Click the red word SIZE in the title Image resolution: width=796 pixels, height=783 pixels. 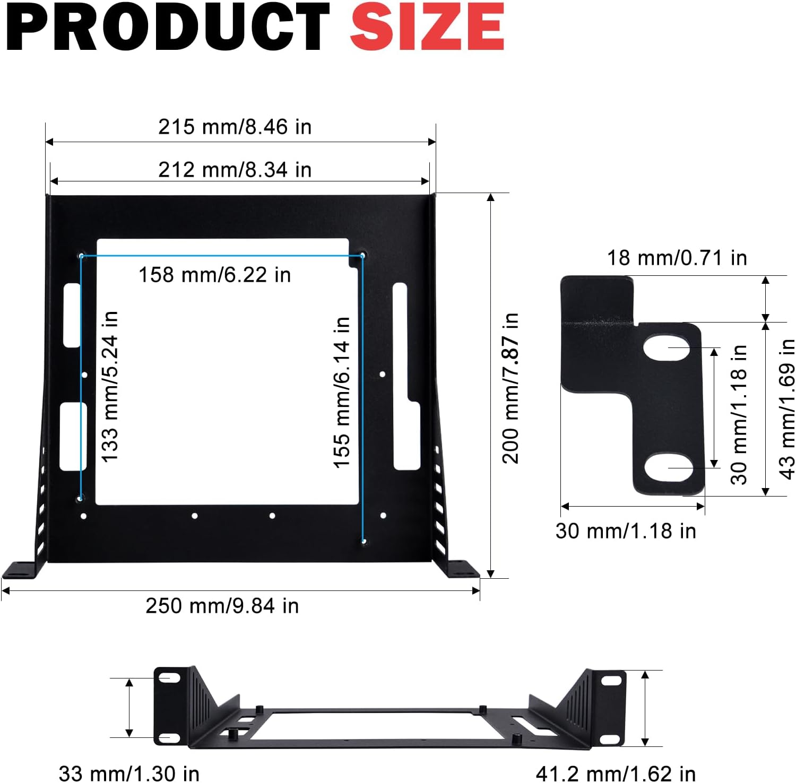[427, 27]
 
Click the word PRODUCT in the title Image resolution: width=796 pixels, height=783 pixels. [169, 27]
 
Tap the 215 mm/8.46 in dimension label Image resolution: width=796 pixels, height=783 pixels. [235, 127]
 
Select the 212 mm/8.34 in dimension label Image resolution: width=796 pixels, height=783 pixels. [235, 170]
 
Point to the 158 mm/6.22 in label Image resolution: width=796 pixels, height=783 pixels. [214, 275]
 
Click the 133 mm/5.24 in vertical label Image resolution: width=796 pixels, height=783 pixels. [109, 387]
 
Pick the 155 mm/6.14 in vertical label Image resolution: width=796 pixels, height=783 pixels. [342, 392]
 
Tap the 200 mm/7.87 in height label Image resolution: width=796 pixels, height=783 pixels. [511, 388]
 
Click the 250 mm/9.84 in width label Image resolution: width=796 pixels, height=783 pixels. [222, 606]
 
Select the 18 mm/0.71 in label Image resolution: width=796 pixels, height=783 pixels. [677, 258]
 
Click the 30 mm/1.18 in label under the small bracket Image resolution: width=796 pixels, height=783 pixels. [626, 531]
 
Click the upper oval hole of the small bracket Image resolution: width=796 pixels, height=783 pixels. [667, 347]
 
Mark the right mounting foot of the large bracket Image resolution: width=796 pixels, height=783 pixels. [460, 569]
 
